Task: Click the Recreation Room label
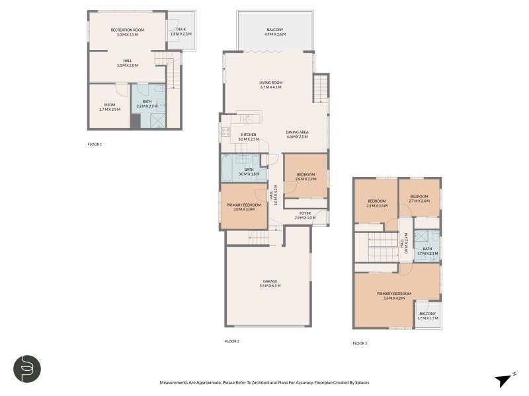(128, 32)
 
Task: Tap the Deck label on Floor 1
(181, 31)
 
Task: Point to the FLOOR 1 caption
(95, 144)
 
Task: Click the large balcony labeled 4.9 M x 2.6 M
(275, 32)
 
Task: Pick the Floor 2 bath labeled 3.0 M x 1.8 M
(249, 172)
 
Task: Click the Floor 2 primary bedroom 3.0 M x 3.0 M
(244, 207)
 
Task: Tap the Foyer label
(305, 215)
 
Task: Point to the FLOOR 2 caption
(231, 341)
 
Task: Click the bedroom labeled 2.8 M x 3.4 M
(376, 203)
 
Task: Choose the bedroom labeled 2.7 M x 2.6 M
(419, 198)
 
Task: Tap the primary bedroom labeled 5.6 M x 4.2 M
(394, 295)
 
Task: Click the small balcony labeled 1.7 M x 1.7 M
(427, 315)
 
